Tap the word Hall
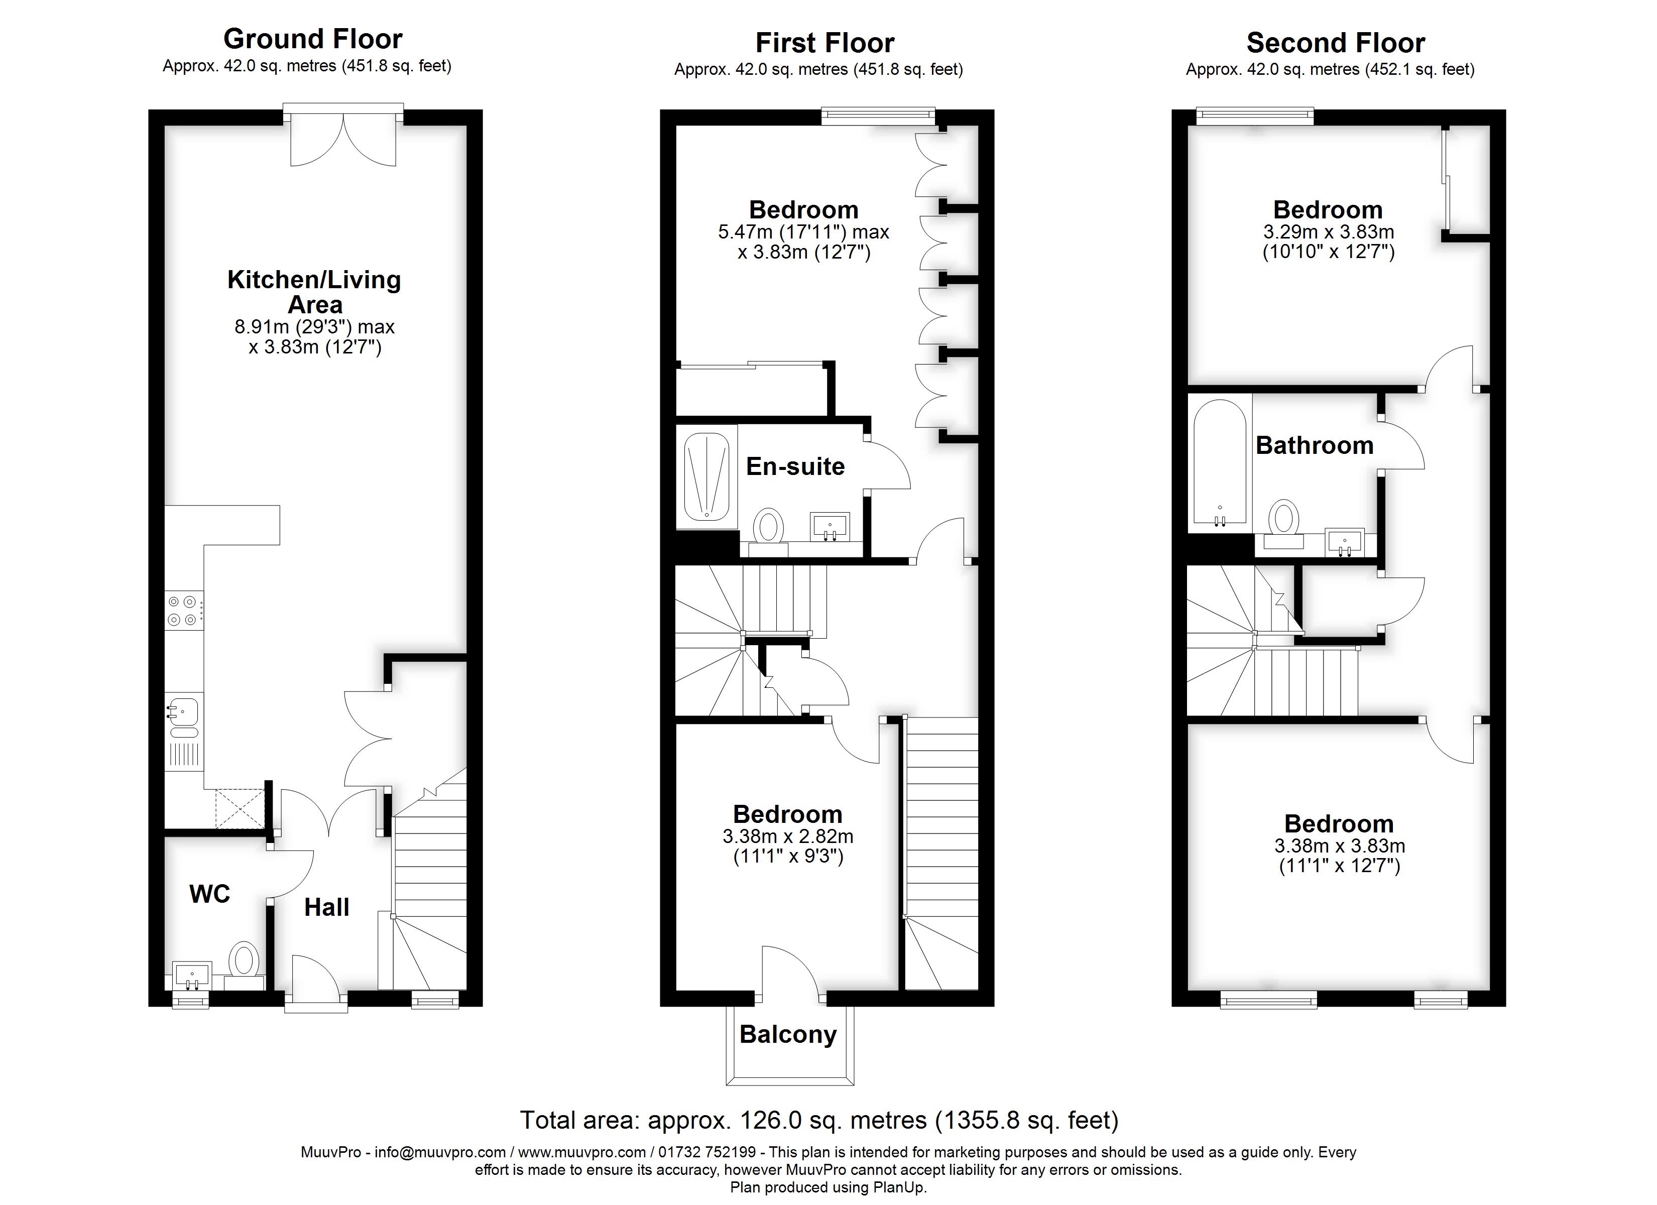(326, 907)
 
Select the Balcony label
(788, 1034)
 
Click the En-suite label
(795, 466)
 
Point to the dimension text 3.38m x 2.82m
(788, 836)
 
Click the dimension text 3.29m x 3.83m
(1328, 232)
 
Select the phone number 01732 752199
(706, 1152)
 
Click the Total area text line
(818, 1120)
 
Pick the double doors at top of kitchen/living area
(343, 139)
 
